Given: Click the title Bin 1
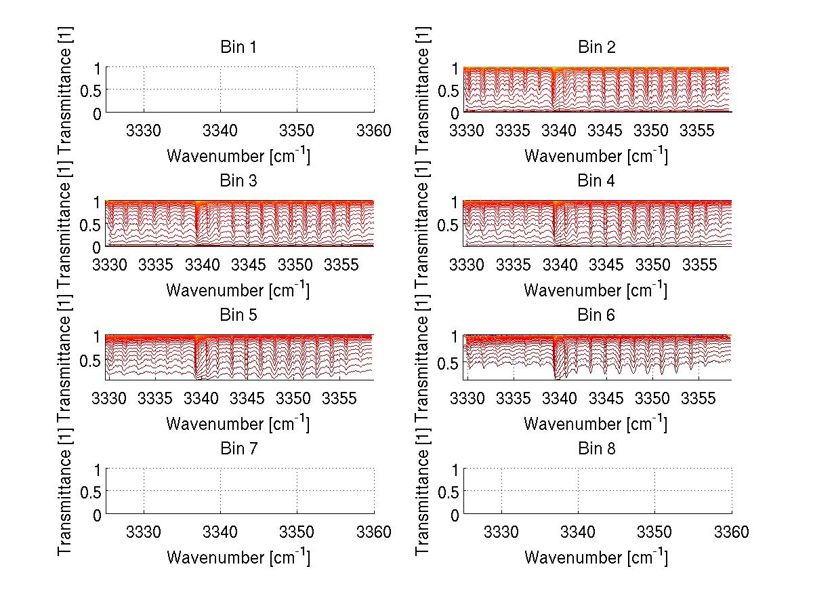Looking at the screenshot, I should [x=238, y=47].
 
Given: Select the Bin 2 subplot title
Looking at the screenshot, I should [x=596, y=47].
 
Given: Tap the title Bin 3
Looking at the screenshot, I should [x=238, y=181].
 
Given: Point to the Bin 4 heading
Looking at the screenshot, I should [x=596, y=181].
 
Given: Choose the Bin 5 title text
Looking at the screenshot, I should [x=238, y=315].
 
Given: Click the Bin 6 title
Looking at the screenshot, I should [x=596, y=315].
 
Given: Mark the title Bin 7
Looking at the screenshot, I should [x=238, y=449].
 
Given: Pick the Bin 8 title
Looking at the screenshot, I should [x=596, y=449].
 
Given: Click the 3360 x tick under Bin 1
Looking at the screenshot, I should [x=373, y=130].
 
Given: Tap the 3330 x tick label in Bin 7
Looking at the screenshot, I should [x=144, y=532].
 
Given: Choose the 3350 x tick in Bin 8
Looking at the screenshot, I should [x=654, y=532].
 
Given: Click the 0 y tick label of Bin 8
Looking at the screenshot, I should [x=455, y=515].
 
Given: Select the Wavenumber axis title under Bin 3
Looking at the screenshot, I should [x=238, y=290].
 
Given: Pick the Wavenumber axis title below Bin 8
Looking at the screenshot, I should [x=596, y=558].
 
